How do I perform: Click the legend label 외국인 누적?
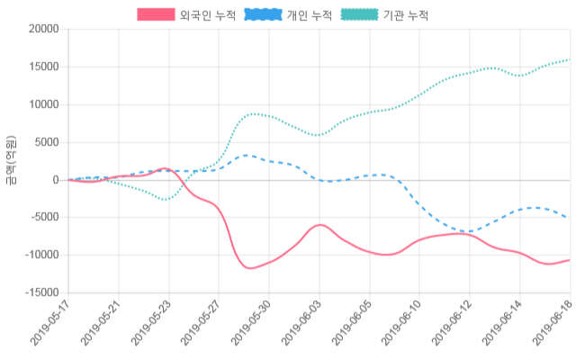[202, 15]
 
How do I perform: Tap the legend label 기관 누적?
[405, 15]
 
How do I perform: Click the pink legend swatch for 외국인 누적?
[156, 15]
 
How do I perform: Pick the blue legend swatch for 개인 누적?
[262, 15]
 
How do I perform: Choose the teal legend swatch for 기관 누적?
[359, 15]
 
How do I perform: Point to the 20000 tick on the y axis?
[41, 29]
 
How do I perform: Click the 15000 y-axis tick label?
[41, 67]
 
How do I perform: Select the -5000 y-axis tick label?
[41, 217]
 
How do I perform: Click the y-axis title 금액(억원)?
[10, 160]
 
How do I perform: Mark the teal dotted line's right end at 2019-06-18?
[569, 60]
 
